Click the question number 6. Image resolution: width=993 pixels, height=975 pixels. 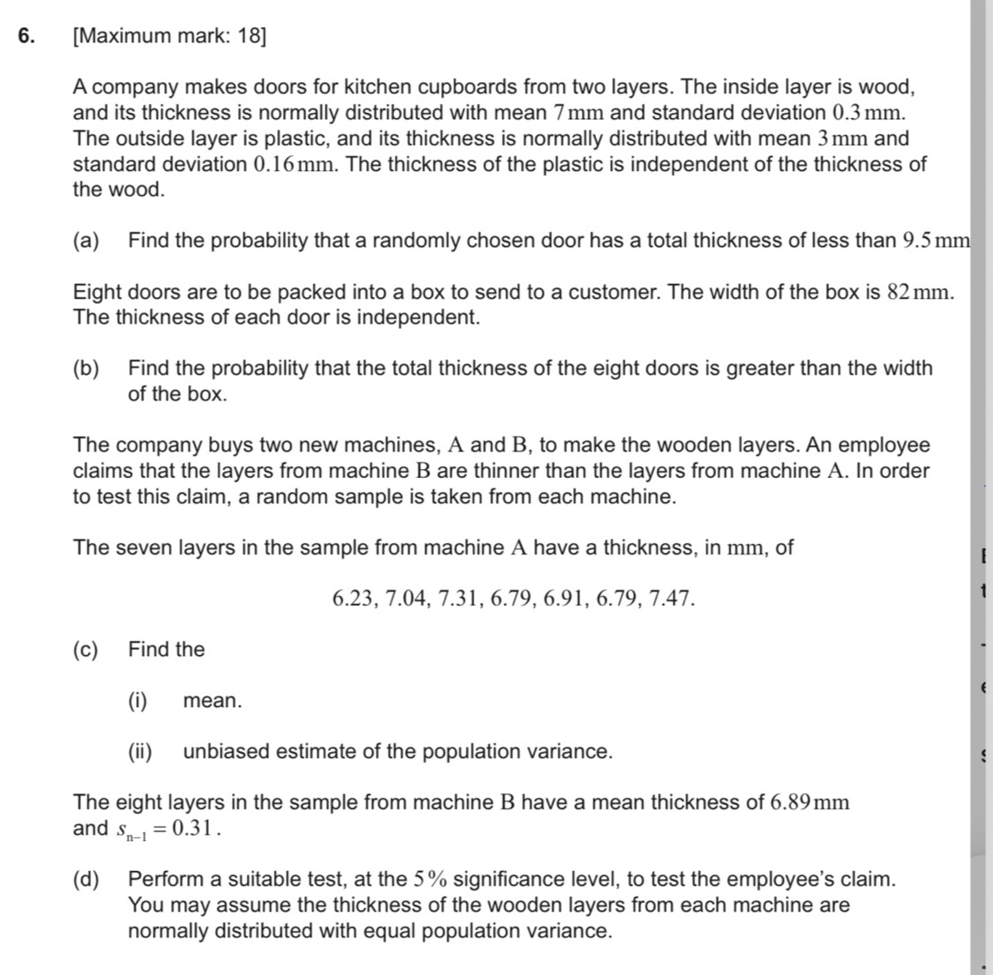26,36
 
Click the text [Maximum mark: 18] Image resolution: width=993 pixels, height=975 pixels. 170,36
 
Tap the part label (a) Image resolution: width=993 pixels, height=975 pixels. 86,241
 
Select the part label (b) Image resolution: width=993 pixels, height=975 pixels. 86,368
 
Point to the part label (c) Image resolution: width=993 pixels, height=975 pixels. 86,650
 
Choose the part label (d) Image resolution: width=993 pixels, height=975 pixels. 86,879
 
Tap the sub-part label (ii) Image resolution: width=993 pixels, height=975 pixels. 140,752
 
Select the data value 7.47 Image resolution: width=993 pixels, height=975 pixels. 671,599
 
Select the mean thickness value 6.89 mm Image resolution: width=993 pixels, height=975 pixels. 809,803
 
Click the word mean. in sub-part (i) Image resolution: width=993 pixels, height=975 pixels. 212,702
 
